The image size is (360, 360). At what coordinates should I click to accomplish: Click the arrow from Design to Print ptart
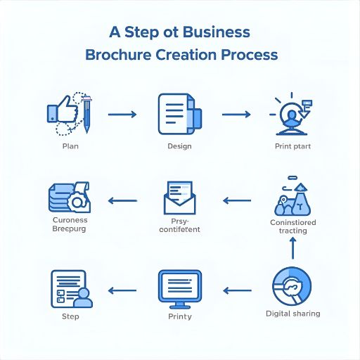236,113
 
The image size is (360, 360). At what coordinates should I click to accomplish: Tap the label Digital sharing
292,313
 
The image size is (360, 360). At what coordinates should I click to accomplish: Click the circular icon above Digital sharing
292,286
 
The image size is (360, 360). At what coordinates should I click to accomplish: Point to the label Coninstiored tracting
292,226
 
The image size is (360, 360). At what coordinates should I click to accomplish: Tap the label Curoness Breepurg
70,224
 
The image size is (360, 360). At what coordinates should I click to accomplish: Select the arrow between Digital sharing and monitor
237,289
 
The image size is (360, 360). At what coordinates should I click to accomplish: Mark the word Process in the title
249,55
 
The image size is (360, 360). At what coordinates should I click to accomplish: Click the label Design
179,146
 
